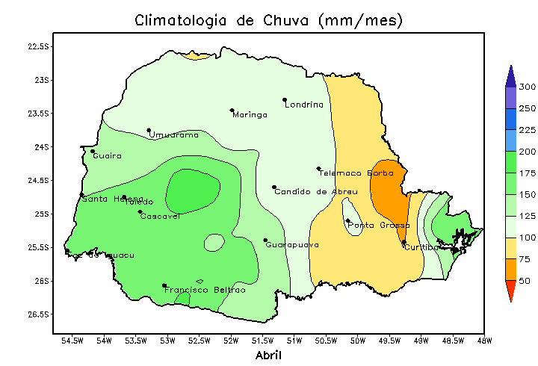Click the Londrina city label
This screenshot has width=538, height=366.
[x=304, y=105]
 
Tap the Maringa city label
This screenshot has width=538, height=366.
[x=250, y=115]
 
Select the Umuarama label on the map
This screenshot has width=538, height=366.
[x=174, y=135]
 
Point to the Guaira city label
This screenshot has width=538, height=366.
[x=107, y=156]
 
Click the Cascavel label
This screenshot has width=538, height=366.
[x=160, y=217]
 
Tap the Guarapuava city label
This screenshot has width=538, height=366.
[x=292, y=245]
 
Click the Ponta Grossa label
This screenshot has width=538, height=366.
[x=379, y=226]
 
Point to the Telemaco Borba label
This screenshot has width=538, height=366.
[x=350, y=173]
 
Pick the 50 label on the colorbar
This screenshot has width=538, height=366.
[x=525, y=281]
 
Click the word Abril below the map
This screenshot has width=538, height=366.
[x=268, y=355]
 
